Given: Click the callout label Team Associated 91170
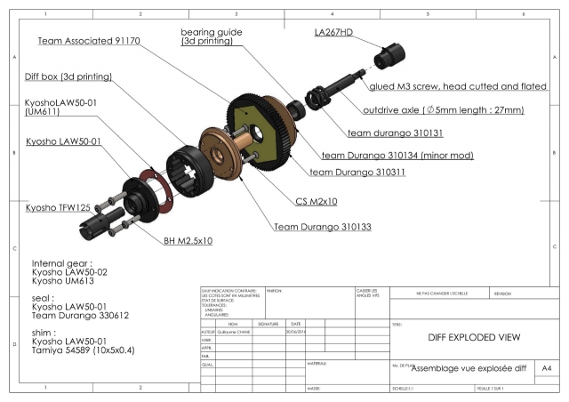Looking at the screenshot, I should [x=93, y=41].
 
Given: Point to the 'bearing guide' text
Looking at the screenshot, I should [x=212, y=30].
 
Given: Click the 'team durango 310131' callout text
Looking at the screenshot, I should [x=384, y=133].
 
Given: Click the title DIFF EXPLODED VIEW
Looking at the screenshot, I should [x=461, y=337].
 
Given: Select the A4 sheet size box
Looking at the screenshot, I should [x=546, y=366].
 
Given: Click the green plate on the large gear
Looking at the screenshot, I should [x=255, y=125].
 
